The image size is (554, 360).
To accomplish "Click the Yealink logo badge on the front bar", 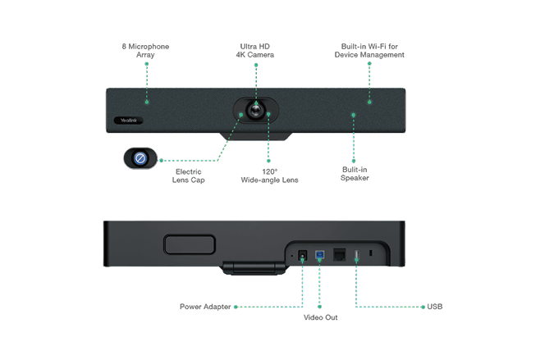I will [x=130, y=121].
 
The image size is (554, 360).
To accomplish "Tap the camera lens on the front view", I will [x=256, y=109].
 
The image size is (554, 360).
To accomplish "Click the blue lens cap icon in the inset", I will [x=140, y=158].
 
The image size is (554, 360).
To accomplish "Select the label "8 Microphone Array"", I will [x=145, y=51].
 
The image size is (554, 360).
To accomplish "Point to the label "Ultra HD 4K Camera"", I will [x=254, y=51].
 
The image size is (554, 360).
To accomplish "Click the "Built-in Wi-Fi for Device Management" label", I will [x=369, y=51].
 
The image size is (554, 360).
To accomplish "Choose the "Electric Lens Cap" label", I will [x=188, y=176].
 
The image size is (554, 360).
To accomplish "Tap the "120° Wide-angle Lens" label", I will [x=269, y=176].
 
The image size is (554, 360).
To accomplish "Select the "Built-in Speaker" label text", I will [x=355, y=174].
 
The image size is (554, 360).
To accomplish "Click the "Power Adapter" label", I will [x=205, y=307].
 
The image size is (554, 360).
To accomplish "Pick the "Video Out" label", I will [x=320, y=317].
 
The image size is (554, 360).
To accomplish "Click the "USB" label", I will [x=435, y=307].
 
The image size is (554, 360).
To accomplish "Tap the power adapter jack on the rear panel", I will [x=302, y=256].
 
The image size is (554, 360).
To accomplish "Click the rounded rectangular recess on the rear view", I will [x=189, y=244].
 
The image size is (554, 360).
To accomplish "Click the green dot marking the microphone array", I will [x=146, y=102].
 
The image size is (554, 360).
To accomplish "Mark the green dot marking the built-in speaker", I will [x=354, y=116].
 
